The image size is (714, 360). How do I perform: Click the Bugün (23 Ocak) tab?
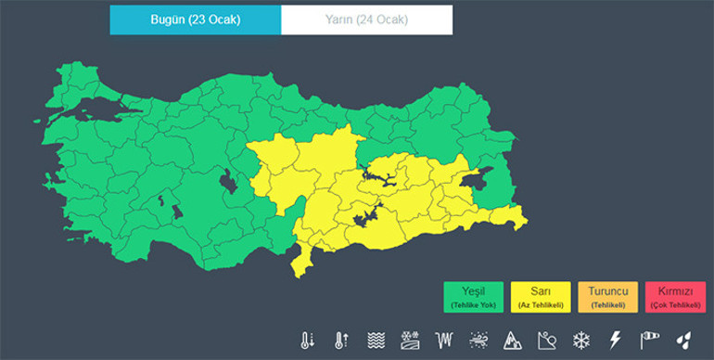click(195, 19)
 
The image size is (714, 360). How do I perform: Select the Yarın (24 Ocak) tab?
click(366, 19)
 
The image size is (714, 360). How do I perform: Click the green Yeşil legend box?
click(473, 295)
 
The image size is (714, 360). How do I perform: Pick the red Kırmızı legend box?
click(674, 295)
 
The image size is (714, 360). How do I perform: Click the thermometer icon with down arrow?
click(308, 340)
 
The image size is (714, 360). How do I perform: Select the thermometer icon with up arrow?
click(341, 340)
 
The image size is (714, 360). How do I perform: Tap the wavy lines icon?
click(376, 340)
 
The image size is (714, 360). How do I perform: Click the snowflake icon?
click(580, 340)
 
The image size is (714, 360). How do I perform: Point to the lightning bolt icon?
click(614, 340)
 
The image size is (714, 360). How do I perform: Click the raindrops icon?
click(683, 340)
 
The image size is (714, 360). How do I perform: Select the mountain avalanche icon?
click(513, 340)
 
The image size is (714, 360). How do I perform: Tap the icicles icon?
click(444, 340)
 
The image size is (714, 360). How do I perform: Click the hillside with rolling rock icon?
click(546, 340)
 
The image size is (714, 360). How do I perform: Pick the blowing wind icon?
click(478, 340)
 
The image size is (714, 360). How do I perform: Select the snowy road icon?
click(410, 340)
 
